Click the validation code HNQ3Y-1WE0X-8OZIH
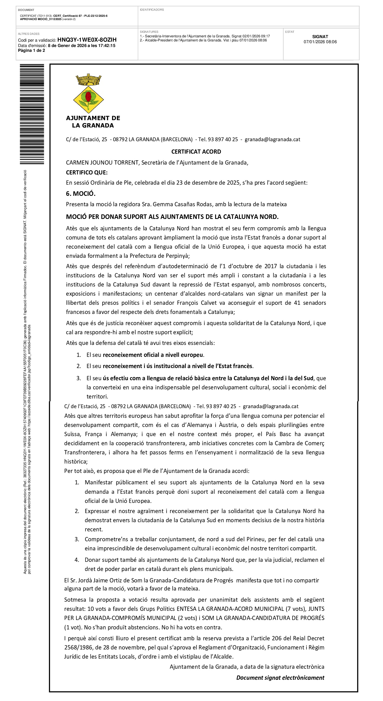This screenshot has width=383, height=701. point(87,40)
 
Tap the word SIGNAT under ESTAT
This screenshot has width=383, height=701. point(320,37)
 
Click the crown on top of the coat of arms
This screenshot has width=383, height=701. point(88,79)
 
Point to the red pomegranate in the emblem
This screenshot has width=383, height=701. point(88,96)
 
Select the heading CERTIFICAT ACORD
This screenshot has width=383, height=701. point(196,152)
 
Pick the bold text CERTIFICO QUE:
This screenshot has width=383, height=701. point(87,172)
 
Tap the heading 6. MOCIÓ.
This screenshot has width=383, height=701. point(81,194)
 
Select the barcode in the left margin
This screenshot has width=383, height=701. point(32,114)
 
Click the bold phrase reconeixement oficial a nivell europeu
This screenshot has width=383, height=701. point(153,355)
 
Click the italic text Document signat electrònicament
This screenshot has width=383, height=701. point(280,678)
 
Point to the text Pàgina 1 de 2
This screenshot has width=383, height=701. point(31,50)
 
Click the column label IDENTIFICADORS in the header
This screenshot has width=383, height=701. point(152,10)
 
